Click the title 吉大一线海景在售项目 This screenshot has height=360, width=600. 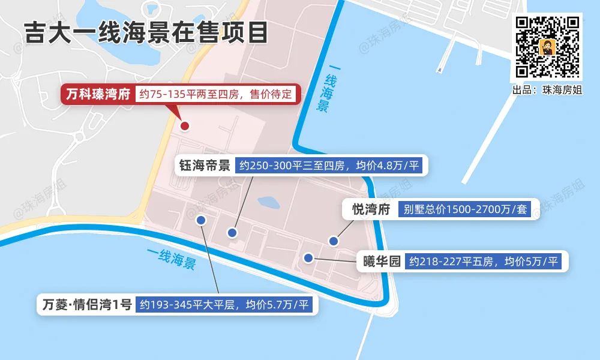[146, 32]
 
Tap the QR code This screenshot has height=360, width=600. [547, 47]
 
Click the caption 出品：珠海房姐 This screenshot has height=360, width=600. [547, 89]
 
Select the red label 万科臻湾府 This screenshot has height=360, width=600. [98, 95]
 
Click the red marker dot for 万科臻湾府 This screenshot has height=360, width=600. [185, 126]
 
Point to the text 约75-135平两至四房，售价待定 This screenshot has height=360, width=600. [216, 95]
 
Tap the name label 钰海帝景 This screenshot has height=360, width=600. [205, 166]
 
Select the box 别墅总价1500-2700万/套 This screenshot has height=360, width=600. [464, 209]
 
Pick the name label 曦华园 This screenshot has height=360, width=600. [382, 262]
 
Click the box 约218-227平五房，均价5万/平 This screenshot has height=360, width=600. [484, 262]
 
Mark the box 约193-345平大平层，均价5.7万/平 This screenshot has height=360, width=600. [224, 304]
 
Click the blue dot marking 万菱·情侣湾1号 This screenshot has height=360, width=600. [202, 220]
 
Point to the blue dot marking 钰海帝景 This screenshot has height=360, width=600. [233, 232]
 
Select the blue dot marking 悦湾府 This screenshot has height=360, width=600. [334, 241]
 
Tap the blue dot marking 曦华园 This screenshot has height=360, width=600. [308, 258]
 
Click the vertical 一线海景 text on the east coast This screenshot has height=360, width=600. [326, 93]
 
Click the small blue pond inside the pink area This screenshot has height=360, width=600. [268, 203]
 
